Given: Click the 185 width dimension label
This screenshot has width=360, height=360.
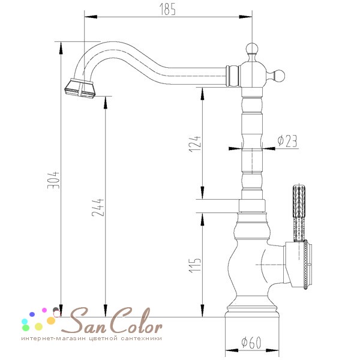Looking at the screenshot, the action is [x=167, y=10].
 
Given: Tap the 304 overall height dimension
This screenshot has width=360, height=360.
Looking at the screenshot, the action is [x=53, y=180].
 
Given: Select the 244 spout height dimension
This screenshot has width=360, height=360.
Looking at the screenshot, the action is [x=98, y=208].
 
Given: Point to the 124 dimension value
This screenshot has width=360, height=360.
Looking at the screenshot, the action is [x=194, y=144].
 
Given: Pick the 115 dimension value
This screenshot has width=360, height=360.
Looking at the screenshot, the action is [x=194, y=265].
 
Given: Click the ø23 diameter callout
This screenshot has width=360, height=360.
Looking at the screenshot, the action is [x=287, y=141].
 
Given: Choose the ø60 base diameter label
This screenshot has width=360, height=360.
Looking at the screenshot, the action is [x=251, y=343].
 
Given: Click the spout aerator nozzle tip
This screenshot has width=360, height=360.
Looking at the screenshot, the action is [x=80, y=89].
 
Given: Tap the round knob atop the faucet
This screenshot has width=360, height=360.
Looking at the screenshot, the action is [x=252, y=49].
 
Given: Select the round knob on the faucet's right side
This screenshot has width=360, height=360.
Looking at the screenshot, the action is [x=278, y=76].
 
